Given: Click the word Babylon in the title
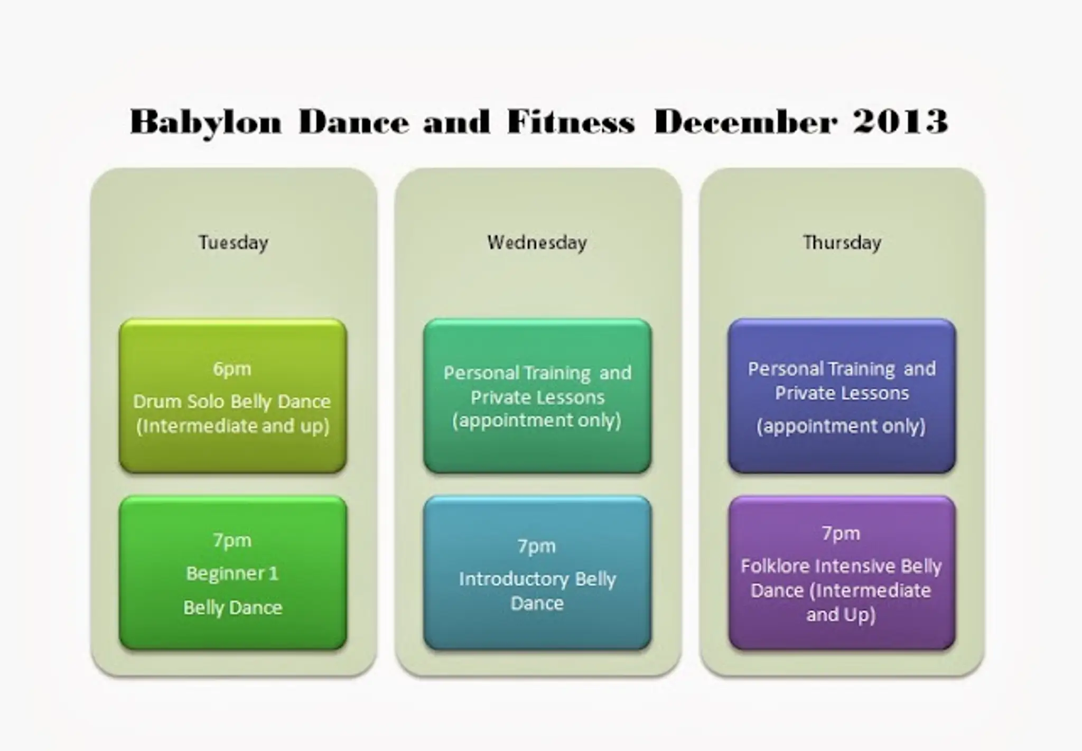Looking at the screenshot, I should coord(206,122).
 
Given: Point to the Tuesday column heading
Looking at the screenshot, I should coord(233,243).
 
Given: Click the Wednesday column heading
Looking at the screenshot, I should coord(537,243).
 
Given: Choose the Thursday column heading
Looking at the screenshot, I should coord(842,243).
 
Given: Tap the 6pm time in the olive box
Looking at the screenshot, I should coord(232,368).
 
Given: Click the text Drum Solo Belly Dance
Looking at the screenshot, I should coord(232,402).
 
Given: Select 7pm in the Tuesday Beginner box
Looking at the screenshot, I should coord(232,540).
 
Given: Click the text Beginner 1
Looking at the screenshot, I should coord(232,573).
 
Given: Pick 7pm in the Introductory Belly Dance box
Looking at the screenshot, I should coord(536,545).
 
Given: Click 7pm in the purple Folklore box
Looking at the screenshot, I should coord(841,533).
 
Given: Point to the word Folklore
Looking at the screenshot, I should coord(775,566).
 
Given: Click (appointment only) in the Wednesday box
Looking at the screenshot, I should coord(536,421).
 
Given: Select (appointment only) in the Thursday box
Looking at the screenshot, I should coord(841,426).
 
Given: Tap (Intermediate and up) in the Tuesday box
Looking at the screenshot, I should coord(232,426).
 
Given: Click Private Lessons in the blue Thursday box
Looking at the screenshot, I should coord(842,393).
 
